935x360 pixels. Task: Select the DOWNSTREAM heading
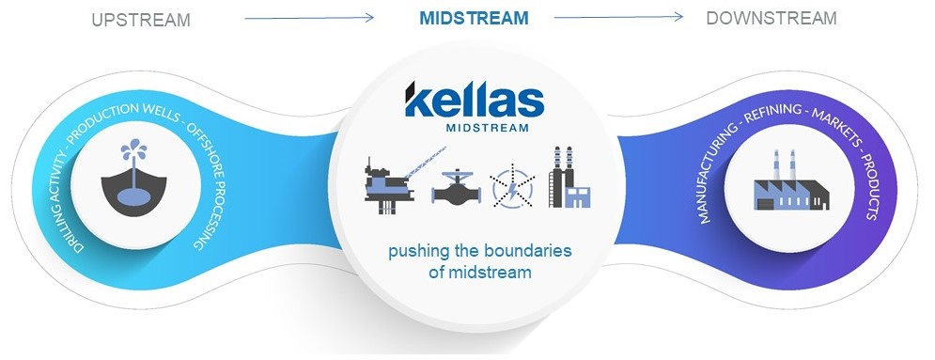pyautogui.click(x=771, y=19)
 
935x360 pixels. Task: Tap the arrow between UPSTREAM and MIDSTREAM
pyautogui.click(x=310, y=18)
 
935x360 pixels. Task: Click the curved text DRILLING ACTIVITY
pyautogui.click(x=67, y=188)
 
